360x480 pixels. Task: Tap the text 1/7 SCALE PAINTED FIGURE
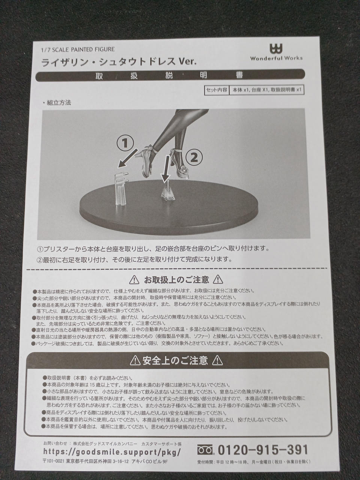[78, 49]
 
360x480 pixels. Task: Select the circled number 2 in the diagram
[194, 158]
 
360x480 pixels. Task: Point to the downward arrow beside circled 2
[166, 168]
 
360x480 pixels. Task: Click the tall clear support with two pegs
[121, 189]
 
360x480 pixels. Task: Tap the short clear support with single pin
[167, 191]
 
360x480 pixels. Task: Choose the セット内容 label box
[217, 90]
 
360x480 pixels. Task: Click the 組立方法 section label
[57, 103]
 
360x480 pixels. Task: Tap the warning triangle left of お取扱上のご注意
[134, 280]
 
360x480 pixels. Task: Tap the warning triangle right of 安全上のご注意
[217, 361]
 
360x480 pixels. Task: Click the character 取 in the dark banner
[99, 75]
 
